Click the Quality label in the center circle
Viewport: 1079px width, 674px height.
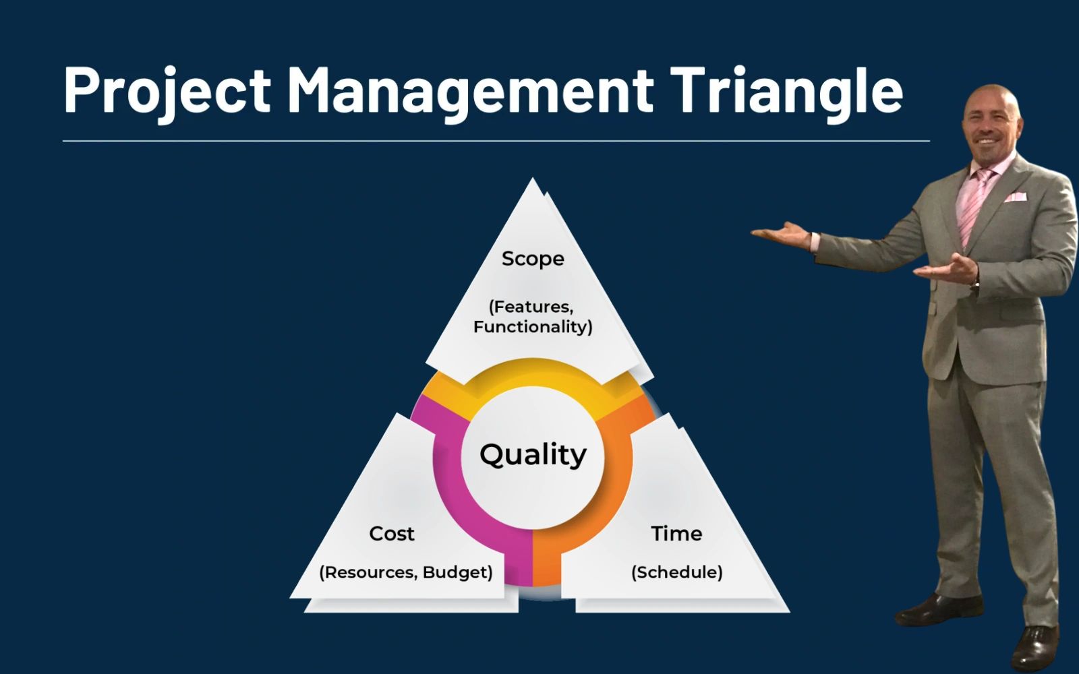tap(533, 455)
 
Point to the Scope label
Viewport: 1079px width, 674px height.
tap(533, 259)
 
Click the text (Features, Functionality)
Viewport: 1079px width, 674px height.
tap(533, 317)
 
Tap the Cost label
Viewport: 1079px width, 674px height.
tap(392, 533)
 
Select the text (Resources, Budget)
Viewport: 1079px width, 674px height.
tap(406, 572)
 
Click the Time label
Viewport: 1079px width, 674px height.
tap(676, 533)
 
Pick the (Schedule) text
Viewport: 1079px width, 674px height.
tap(677, 572)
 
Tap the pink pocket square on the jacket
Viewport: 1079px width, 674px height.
tap(1016, 197)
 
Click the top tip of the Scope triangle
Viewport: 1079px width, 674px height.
tap(532, 178)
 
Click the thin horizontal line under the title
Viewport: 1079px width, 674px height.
tap(496, 141)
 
